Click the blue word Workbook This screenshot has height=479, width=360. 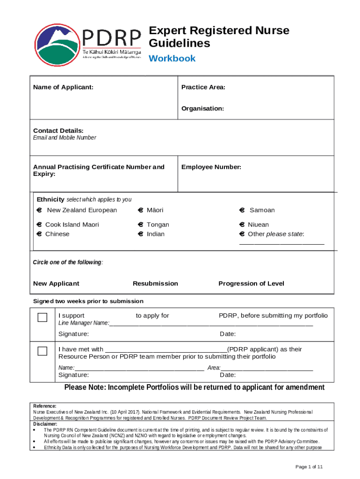coord(172,58)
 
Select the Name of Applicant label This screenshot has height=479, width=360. coord(63,87)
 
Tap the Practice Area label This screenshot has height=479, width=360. coord(203,87)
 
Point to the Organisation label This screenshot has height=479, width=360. coord(202,108)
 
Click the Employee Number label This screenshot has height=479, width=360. coord(211,167)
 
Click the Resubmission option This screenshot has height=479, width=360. coord(155,283)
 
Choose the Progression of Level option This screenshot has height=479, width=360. coord(251,283)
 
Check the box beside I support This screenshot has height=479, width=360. coord(43,318)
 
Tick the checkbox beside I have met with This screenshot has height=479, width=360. coord(43,351)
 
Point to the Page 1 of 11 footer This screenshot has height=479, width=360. coord(309,467)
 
